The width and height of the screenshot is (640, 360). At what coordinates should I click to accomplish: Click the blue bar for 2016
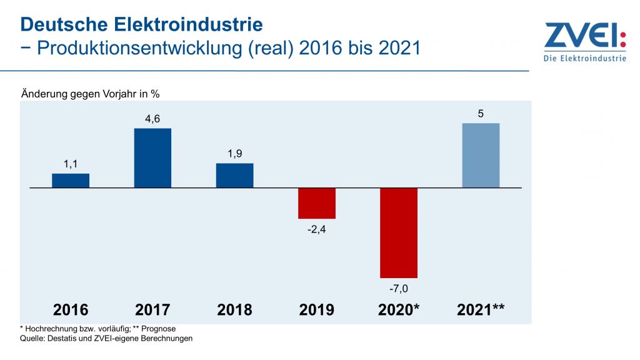71,181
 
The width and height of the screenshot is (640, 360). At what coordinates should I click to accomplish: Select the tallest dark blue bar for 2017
152,158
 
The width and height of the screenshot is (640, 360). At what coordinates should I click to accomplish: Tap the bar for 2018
234,176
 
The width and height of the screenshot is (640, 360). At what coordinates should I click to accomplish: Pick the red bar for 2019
317,203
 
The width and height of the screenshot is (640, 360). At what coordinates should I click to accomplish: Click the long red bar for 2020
399,232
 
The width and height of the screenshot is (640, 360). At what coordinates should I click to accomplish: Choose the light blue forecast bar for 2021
481,156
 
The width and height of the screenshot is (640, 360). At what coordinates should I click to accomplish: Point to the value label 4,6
152,119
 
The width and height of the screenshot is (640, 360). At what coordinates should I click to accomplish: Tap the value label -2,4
317,229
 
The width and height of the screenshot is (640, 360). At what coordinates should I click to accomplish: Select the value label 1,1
71,164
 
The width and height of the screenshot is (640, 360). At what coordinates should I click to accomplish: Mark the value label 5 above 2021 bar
481,114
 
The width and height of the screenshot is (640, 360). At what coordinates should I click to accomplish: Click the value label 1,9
234,154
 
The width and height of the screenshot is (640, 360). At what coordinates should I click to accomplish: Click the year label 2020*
399,310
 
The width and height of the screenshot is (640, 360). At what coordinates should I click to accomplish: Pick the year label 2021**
481,310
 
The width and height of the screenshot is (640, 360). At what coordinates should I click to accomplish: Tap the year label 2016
71,310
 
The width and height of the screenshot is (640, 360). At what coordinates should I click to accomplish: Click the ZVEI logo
584,36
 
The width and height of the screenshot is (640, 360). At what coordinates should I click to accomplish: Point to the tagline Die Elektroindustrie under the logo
584,59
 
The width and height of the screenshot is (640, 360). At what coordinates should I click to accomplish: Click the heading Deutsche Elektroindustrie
141,25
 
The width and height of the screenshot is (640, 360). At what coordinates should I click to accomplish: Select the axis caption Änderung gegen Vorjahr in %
91,94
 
